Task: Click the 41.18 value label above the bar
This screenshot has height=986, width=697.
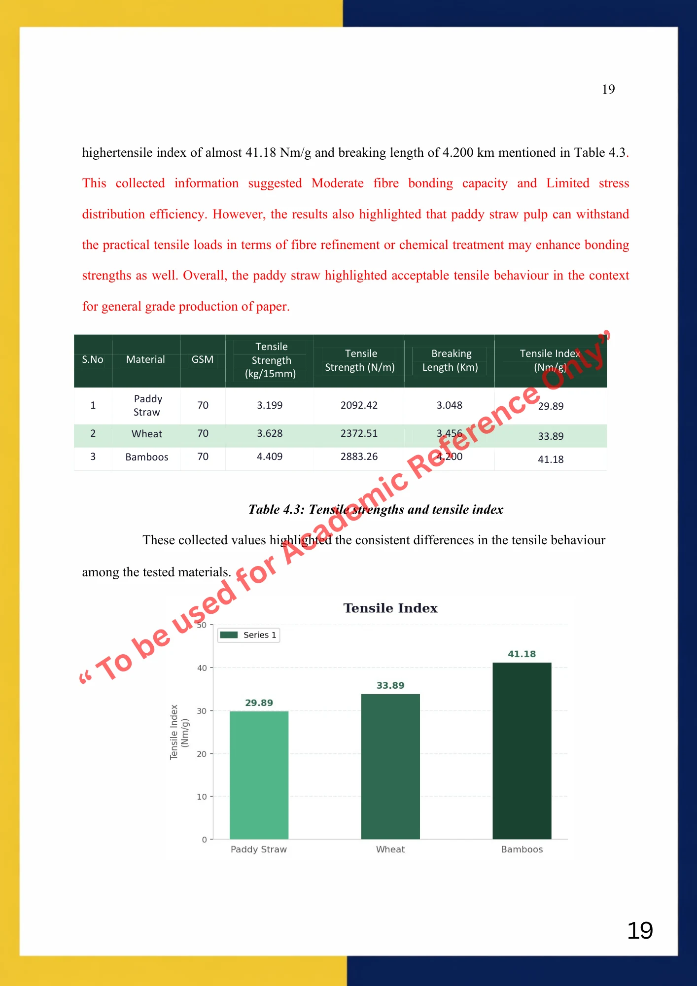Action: tap(522, 654)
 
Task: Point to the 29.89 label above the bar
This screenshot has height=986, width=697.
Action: tap(259, 703)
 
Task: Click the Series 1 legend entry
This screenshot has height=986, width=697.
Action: tap(249, 635)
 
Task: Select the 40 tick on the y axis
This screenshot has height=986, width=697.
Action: tap(202, 668)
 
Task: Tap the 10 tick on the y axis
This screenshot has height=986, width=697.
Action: tap(202, 797)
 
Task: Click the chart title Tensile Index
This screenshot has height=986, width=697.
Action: tap(390, 608)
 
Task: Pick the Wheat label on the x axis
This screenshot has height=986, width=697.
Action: tap(390, 849)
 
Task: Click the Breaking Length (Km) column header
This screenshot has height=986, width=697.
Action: tap(451, 360)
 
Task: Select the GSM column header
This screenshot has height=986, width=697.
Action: tap(203, 359)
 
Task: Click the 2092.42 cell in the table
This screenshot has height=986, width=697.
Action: tap(359, 405)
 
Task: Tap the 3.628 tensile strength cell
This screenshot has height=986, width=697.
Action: tap(270, 433)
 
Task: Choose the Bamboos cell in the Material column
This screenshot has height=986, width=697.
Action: tap(147, 457)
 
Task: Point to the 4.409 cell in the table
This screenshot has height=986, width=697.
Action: tap(270, 457)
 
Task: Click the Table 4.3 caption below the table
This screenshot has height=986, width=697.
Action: tap(376, 509)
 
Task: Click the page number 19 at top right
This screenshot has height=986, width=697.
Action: tap(608, 89)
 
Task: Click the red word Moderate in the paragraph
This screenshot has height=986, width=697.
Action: tap(338, 183)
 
